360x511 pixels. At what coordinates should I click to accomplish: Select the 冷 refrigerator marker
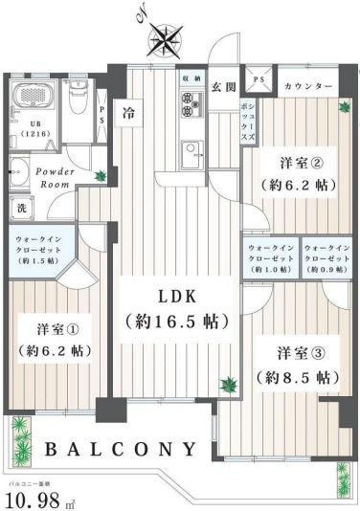[x=127, y=114]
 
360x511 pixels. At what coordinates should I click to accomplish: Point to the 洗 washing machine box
[x=20, y=207]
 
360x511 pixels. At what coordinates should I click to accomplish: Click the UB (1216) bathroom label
[x=21, y=131]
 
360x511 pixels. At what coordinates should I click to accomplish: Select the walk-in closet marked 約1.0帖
[x=270, y=258]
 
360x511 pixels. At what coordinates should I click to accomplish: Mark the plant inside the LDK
[x=228, y=386]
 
